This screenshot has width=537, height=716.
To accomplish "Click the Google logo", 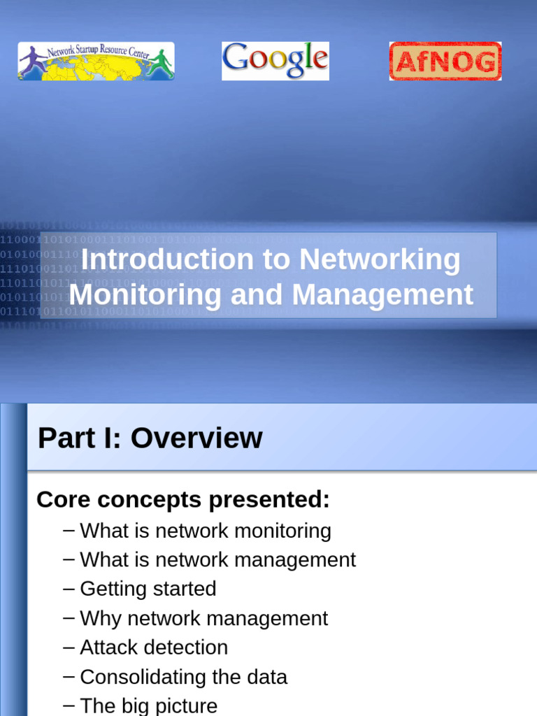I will tap(275, 61).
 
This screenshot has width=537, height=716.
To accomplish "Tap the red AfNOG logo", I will tap(445, 62).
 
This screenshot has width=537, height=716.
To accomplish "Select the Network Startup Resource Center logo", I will tap(96, 61).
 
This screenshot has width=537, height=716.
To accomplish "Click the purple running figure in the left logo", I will tap(32, 61).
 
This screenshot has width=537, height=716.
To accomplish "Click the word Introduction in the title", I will tap(167, 259).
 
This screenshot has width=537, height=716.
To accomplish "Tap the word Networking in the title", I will tap(380, 259).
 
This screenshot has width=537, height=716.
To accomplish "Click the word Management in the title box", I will tap(382, 294).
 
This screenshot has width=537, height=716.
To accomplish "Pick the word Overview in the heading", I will tap(196, 438).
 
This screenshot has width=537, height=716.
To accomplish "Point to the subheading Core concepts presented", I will tap(182, 499).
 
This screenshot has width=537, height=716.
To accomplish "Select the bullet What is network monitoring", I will tap(205, 531).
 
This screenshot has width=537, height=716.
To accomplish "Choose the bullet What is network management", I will tap(217, 560).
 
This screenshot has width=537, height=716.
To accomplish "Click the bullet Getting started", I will tap(148, 589).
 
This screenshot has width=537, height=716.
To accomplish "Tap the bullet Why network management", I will tap(203, 618).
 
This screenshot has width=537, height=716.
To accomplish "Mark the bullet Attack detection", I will tap(154, 647).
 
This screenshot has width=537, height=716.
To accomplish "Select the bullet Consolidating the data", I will tap(183, 677).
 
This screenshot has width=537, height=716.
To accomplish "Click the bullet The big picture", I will tap(148, 706).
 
